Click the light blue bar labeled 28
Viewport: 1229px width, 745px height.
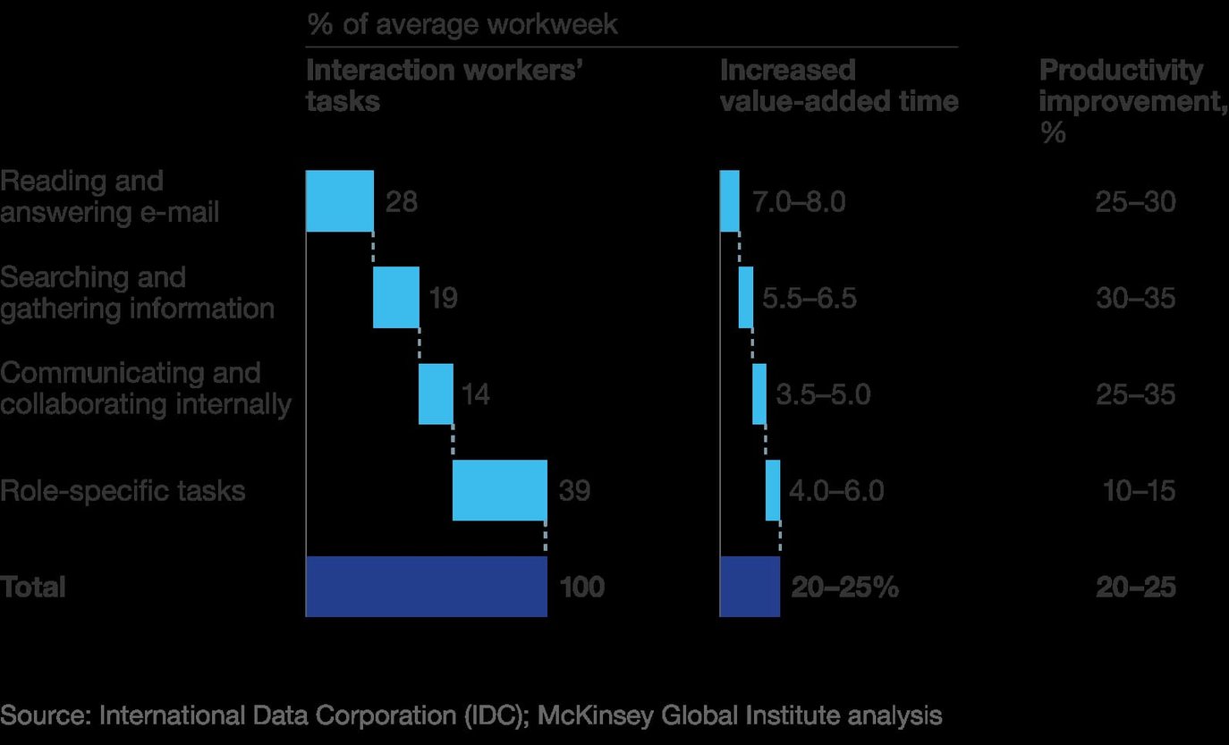[339, 200]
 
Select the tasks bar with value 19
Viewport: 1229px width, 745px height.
[395, 297]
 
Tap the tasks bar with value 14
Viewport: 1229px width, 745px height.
[436, 394]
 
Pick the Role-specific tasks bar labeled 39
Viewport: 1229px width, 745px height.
[499, 490]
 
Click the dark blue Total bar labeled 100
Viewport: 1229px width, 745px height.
[426, 587]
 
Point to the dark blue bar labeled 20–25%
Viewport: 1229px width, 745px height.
[750, 587]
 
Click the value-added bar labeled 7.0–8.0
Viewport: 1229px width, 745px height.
[730, 200]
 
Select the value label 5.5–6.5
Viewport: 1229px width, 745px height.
[809, 298]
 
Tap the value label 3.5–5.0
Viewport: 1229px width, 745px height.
[822, 394]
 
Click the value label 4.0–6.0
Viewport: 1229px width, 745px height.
[836, 491]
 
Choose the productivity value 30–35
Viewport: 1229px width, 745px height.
[1135, 298]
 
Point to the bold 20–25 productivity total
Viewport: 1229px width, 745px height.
[1135, 588]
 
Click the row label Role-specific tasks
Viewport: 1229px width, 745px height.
[123, 491]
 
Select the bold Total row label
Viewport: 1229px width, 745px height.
[33, 588]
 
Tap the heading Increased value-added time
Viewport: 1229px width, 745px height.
[838, 86]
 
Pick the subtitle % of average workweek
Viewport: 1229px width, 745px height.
[462, 24]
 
